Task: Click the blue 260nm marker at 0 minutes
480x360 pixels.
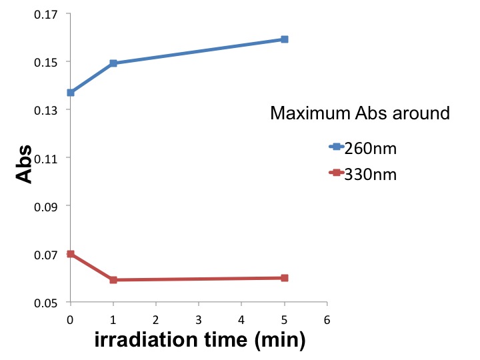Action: [x=71, y=93]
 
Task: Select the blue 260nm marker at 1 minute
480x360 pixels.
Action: [x=113, y=63]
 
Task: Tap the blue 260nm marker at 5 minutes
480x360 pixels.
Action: [x=285, y=39]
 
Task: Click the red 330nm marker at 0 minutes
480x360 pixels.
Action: [x=71, y=254]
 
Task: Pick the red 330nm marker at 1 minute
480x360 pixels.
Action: [x=113, y=280]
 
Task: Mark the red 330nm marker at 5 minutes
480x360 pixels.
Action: [x=285, y=277]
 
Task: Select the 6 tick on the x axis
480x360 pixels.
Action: [x=327, y=319]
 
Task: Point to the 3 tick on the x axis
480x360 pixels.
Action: [x=199, y=319]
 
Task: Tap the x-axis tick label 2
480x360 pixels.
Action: [x=156, y=319]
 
